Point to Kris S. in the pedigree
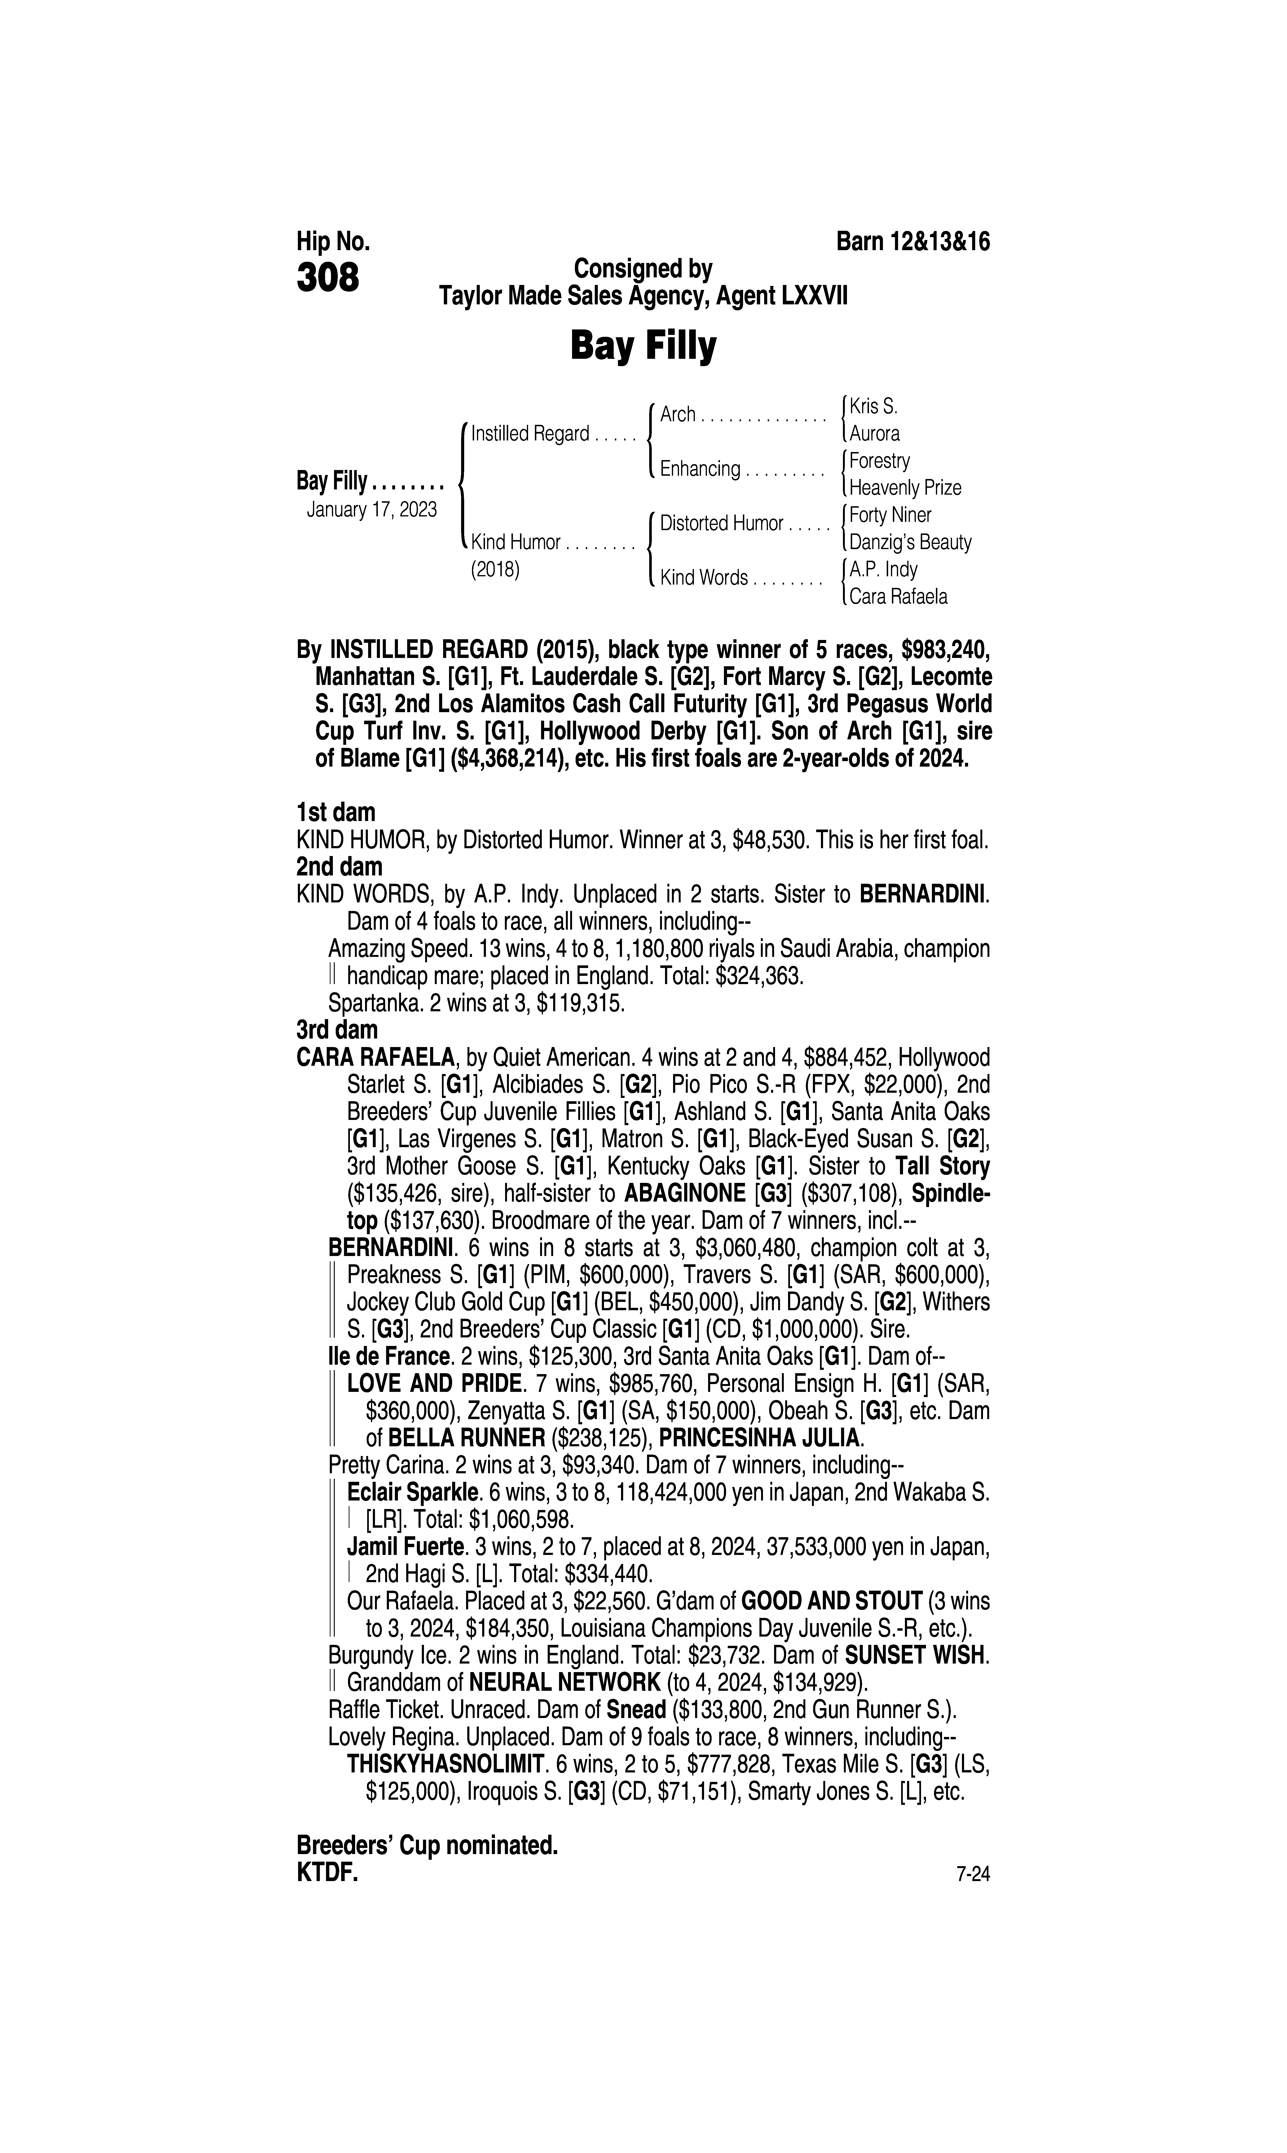point(873,406)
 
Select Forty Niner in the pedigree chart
point(890,514)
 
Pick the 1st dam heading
point(336,813)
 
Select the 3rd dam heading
point(336,1030)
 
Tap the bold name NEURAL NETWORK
point(564,1683)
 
